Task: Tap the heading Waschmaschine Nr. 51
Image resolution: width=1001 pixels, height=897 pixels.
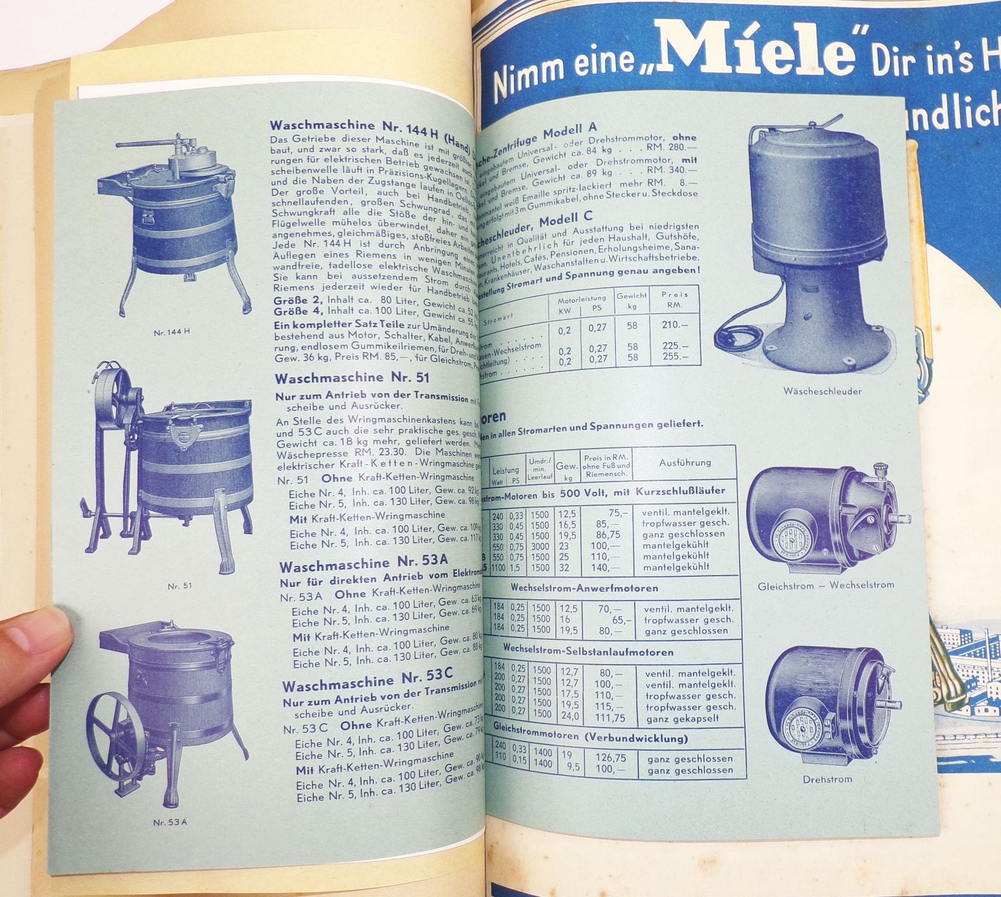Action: pyautogui.click(x=352, y=379)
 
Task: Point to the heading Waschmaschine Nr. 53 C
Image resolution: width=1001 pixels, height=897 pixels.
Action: pyautogui.click(x=368, y=679)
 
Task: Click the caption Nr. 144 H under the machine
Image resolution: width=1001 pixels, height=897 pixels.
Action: pyautogui.click(x=172, y=332)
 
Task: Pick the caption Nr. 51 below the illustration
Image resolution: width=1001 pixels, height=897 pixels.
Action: pyautogui.click(x=179, y=585)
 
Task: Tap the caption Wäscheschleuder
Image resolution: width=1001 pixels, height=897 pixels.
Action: pyautogui.click(x=822, y=391)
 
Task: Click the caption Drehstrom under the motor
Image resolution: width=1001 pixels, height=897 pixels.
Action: pyautogui.click(x=827, y=779)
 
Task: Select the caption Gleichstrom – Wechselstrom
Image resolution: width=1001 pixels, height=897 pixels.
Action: pyautogui.click(x=825, y=585)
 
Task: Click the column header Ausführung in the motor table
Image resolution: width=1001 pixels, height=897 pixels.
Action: pyautogui.click(x=685, y=462)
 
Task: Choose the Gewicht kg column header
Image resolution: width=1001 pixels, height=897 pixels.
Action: pyautogui.click(x=632, y=301)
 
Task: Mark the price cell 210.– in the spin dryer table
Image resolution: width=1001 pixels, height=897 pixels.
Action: pyautogui.click(x=674, y=325)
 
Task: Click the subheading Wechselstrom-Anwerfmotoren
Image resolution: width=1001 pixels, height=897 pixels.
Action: pyautogui.click(x=584, y=588)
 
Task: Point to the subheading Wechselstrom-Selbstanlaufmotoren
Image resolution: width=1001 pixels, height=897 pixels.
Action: pyautogui.click(x=588, y=651)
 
